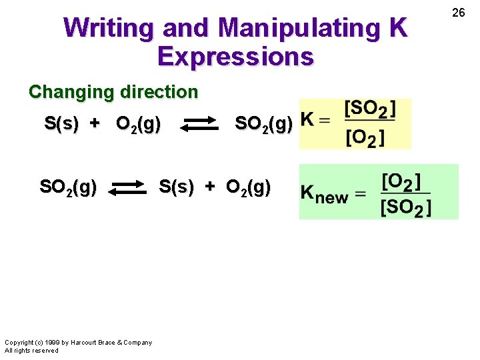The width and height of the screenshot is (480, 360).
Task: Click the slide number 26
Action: pyautogui.click(x=458, y=12)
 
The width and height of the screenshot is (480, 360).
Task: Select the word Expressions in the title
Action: pyautogui.click(x=235, y=57)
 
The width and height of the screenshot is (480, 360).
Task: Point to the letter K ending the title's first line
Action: pyautogui.click(x=397, y=28)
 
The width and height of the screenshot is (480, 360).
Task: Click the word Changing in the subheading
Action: pyautogui.click(x=67, y=92)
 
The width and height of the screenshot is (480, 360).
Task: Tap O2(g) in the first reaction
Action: pyautogui.click(x=138, y=125)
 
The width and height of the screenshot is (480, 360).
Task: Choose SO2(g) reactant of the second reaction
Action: pyautogui.click(x=68, y=188)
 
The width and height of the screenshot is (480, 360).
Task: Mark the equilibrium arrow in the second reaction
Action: pyautogui.click(x=128, y=189)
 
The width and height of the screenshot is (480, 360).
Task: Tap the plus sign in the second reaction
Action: pyautogui.click(x=210, y=188)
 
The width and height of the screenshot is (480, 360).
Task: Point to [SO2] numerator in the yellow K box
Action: pyautogui.click(x=370, y=109)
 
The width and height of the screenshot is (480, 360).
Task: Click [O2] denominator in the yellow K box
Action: pyautogui.click(x=365, y=138)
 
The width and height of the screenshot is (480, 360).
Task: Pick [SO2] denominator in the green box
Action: pyautogui.click(x=405, y=207)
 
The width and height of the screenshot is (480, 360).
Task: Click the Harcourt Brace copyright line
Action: pyautogui.click(x=79, y=343)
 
